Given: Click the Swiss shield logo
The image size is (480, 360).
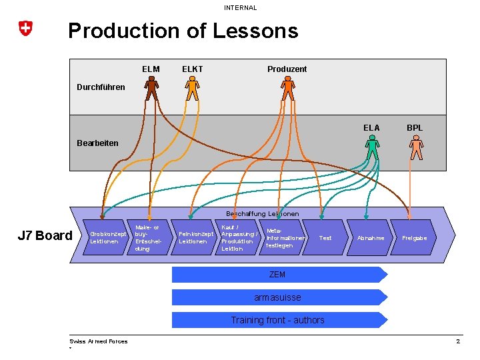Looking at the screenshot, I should pyautogui.click(x=25, y=28).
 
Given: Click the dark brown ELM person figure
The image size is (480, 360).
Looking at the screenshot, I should pyautogui.click(x=152, y=88).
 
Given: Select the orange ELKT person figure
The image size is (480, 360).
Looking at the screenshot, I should pyautogui.click(x=192, y=88).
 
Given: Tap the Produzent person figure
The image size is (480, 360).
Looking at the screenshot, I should pyautogui.click(x=288, y=88).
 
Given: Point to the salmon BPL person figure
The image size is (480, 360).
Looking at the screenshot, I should pyautogui.click(x=417, y=147).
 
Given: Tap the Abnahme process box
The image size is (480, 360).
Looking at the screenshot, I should pyautogui.click(x=371, y=238).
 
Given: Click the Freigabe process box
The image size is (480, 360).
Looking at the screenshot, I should pyautogui.click(x=415, y=238).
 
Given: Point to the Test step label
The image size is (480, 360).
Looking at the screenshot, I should pyautogui.click(x=325, y=238).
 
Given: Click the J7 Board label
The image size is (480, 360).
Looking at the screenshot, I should pyautogui.click(x=45, y=235).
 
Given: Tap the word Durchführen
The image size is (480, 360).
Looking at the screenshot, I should pyautogui.click(x=101, y=87).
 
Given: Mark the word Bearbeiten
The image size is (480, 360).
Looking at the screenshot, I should pyautogui.click(x=97, y=143).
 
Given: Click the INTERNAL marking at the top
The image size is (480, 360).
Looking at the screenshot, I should pyautogui.click(x=240, y=8).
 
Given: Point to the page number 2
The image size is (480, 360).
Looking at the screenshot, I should pyautogui.click(x=458, y=341).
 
